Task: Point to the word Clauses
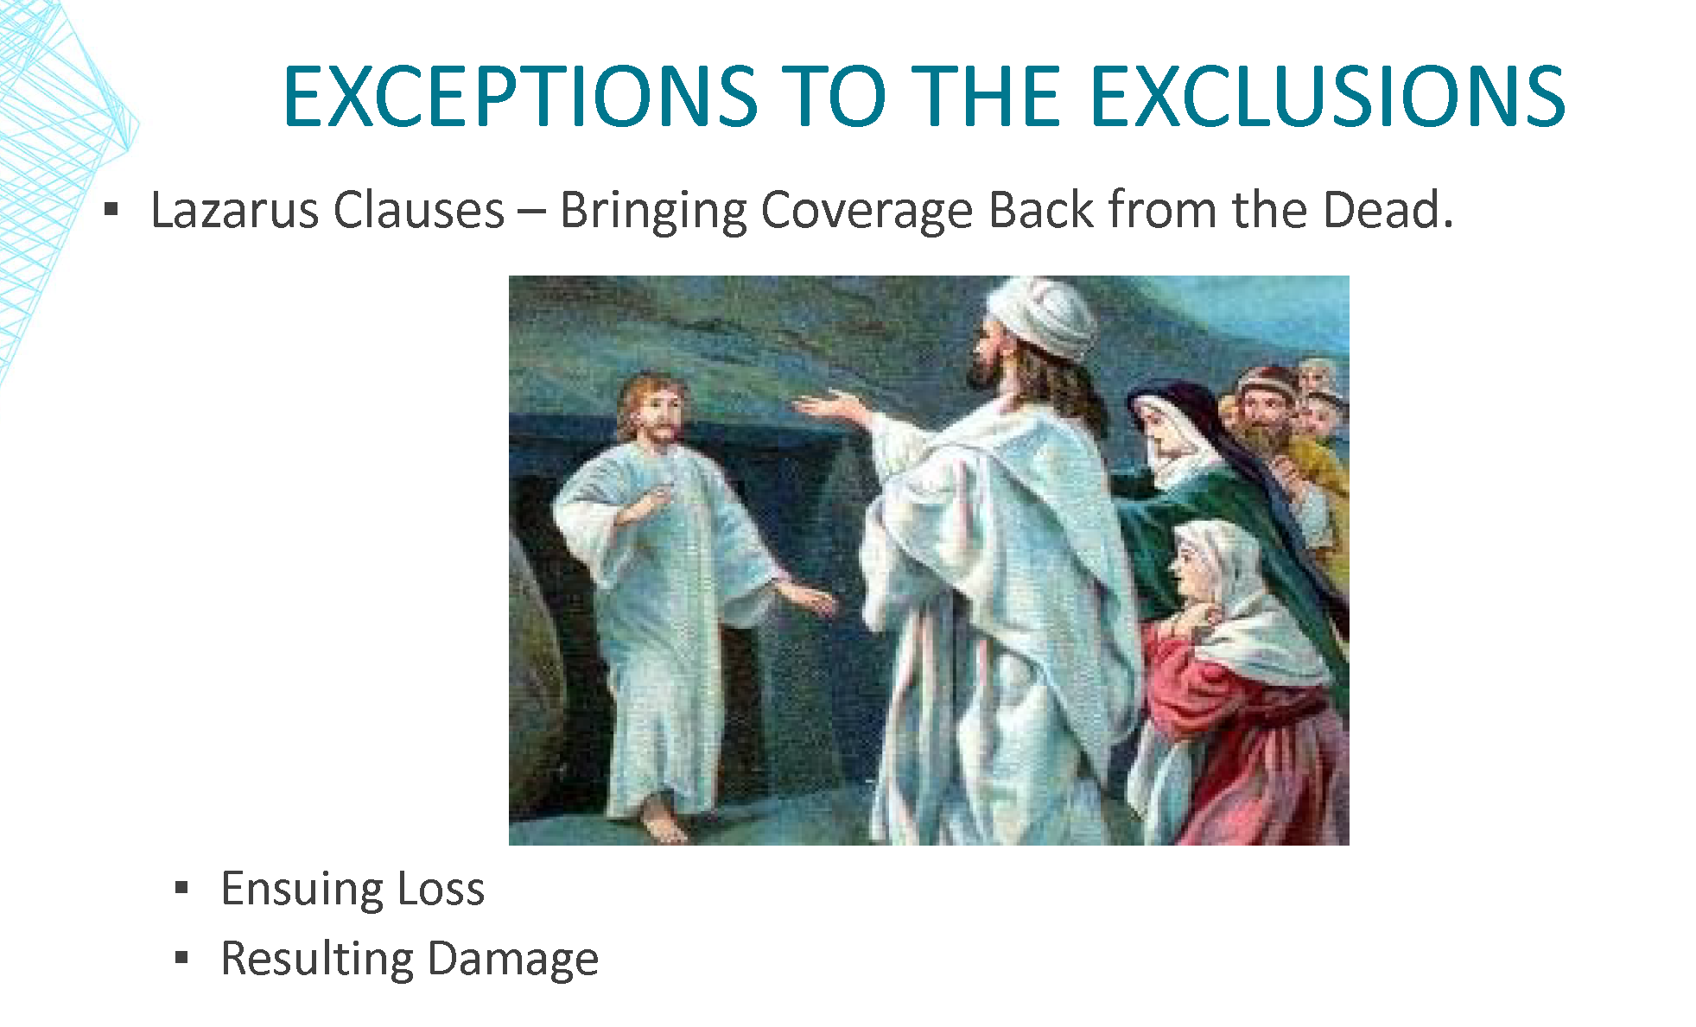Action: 418,210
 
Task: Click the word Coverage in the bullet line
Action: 866,212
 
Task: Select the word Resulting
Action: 317,960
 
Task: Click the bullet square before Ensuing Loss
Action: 181,887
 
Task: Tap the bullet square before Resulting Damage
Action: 181,957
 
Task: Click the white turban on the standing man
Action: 1043,317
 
